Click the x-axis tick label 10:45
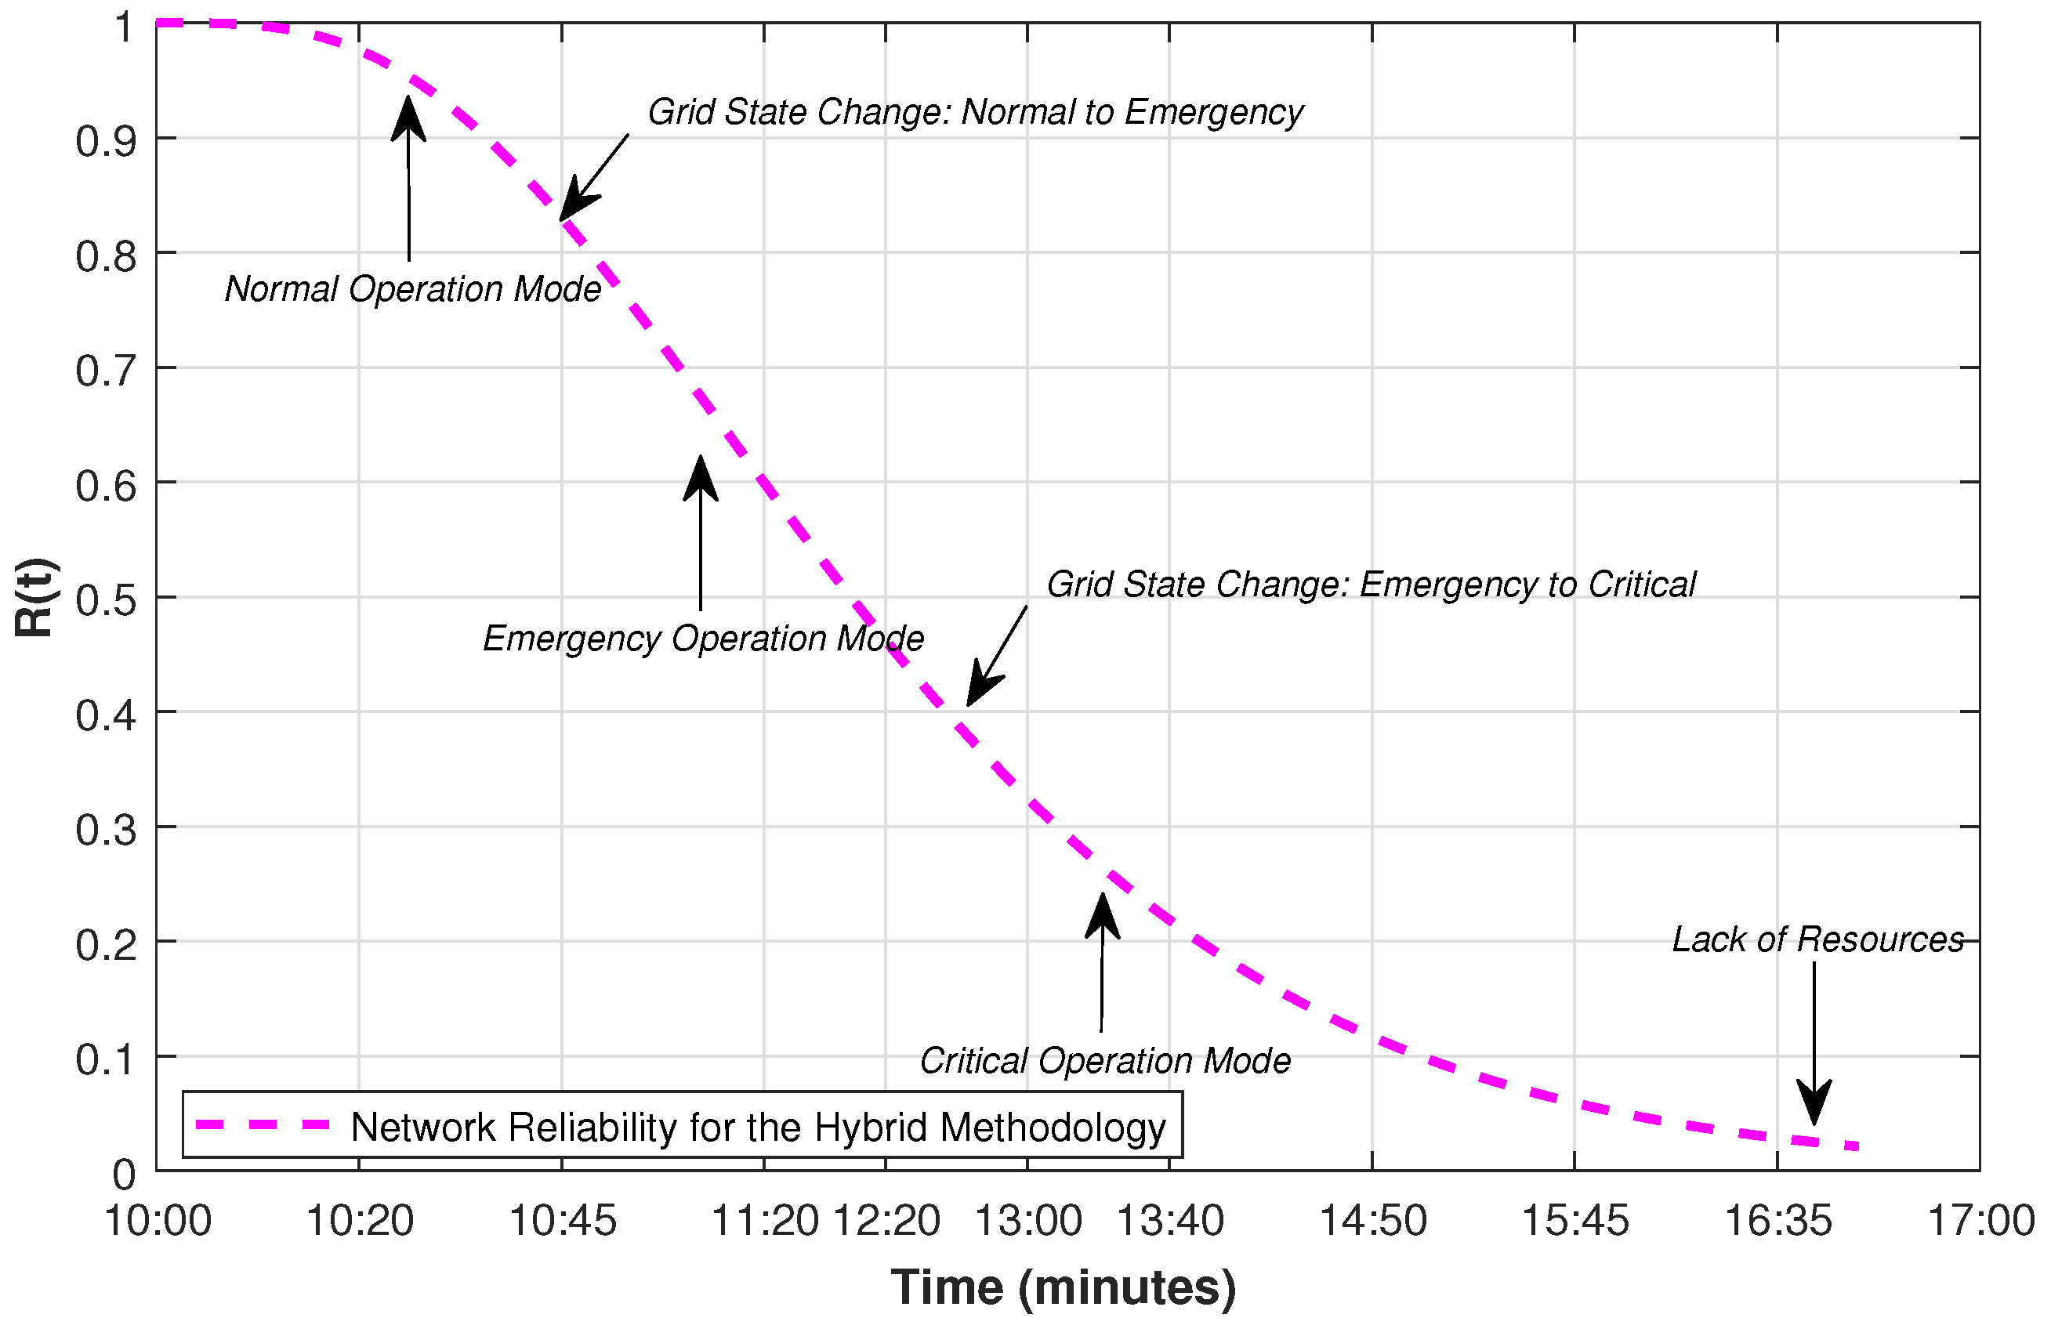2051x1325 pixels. pyautogui.click(x=563, y=1221)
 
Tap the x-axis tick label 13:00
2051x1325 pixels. pyautogui.click(x=1027, y=1221)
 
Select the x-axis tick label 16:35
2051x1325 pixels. pyautogui.click(x=1778, y=1221)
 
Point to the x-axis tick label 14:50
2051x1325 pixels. pyautogui.click(x=1372, y=1221)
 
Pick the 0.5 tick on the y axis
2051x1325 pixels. pyautogui.click(x=106, y=599)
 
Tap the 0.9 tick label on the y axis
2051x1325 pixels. pyautogui.click(x=106, y=141)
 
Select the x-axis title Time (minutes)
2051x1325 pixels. pyautogui.click(x=1064, y=1288)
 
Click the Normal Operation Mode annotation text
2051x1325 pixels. pyautogui.click(x=413, y=289)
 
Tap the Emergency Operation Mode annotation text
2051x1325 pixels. pyautogui.click(x=703, y=639)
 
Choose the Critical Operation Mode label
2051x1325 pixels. pyautogui.click(x=1104, y=1061)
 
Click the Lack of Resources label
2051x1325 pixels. pyautogui.click(x=1817, y=939)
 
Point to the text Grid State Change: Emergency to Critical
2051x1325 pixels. pyautogui.click(x=1371, y=585)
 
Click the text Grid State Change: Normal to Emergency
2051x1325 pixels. pyautogui.click(x=975, y=113)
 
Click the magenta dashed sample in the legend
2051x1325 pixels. pyautogui.click(x=263, y=1124)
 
